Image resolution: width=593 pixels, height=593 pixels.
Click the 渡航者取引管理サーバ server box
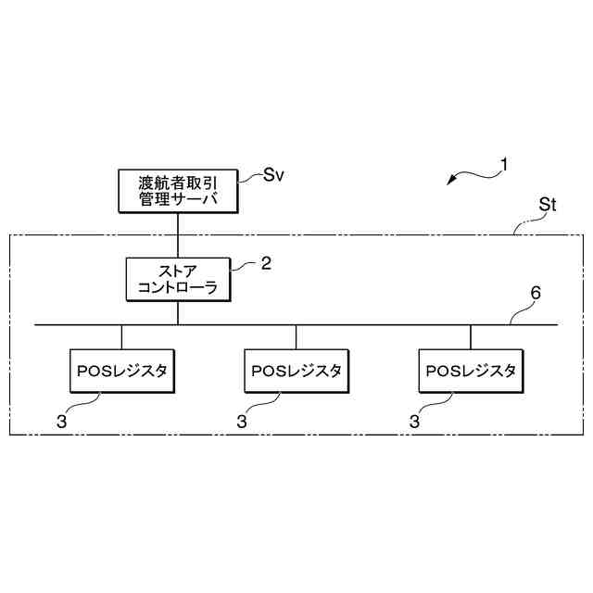pos(177,190)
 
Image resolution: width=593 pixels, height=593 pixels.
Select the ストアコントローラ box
pos(177,279)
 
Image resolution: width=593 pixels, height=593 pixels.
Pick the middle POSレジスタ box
pos(296,371)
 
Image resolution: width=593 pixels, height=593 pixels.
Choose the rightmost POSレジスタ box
pos(471,371)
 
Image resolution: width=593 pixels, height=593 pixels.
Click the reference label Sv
pos(273,175)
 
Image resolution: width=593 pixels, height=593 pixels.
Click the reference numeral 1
pos(504,167)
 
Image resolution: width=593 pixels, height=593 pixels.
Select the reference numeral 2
pos(266,263)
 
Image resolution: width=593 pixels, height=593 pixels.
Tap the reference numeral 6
pos(535,295)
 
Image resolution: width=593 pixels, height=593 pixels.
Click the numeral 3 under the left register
pos(61,421)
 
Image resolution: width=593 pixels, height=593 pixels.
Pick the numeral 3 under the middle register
pos(241,421)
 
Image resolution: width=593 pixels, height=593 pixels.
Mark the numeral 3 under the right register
pos(414,421)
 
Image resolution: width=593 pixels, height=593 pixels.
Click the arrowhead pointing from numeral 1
pos(450,182)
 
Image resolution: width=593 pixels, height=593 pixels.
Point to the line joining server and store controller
pos(177,233)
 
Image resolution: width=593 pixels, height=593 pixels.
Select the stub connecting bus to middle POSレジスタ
pos(296,336)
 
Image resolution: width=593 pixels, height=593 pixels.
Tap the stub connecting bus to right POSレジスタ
pos(471,336)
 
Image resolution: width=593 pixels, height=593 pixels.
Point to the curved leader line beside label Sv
pos(250,175)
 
